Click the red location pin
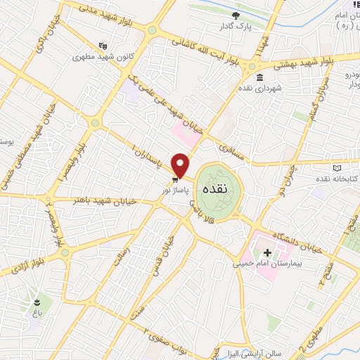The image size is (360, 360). pyautogui.click(x=181, y=165)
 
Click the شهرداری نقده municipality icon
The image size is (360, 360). pyautogui.click(x=259, y=77)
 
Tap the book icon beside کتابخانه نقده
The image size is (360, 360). pyautogui.click(x=337, y=167)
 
